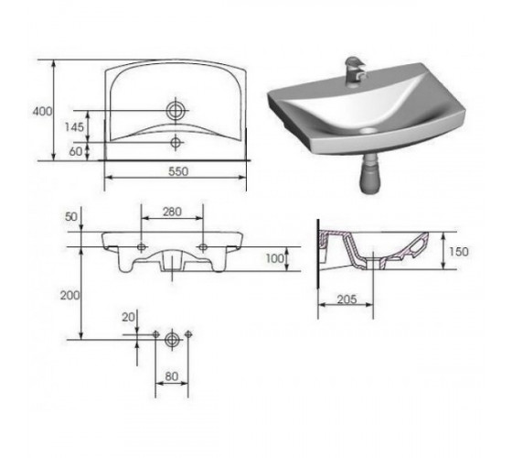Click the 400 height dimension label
42,112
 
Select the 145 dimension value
74,127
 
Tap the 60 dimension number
76,151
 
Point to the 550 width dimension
178,171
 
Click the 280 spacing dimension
172,212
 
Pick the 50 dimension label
71,216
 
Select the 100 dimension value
275,258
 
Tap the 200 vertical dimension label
69,295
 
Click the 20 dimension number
128,317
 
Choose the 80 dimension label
172,376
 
